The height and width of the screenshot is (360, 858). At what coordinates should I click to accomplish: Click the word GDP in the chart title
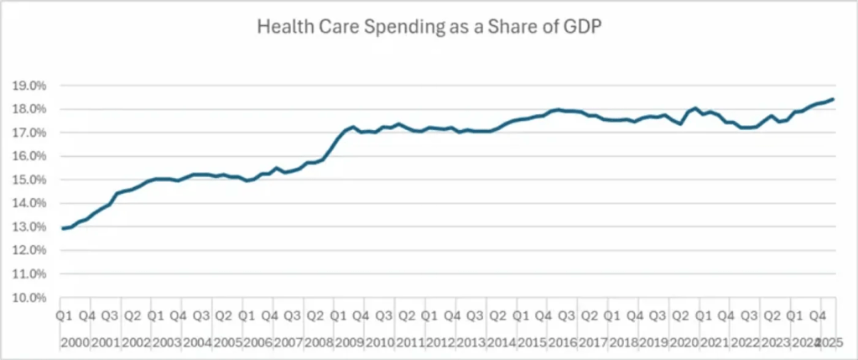click(580, 28)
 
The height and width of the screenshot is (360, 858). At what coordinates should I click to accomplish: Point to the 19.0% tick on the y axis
click(29, 86)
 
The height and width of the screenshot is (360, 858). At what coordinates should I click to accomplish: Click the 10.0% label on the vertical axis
click(29, 298)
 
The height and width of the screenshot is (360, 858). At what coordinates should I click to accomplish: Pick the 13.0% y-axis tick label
click(29, 227)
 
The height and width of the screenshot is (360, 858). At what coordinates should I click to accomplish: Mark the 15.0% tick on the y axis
click(29, 180)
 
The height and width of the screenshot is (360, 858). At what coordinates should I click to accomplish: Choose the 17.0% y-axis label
click(29, 133)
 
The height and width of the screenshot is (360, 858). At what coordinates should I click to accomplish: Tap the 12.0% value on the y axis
click(29, 250)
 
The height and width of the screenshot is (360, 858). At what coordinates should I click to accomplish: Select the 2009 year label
click(348, 342)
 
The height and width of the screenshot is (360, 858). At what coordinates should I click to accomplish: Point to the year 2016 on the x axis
click(563, 342)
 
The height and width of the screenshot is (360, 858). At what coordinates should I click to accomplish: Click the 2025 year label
click(829, 342)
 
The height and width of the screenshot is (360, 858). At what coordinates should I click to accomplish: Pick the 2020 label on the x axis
click(685, 342)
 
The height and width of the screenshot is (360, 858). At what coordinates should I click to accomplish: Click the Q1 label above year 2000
click(64, 316)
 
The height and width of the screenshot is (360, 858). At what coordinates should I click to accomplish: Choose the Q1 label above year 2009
click(338, 316)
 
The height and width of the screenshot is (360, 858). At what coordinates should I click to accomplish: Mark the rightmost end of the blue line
click(833, 99)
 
